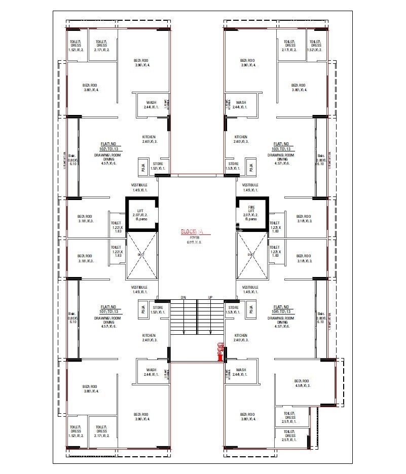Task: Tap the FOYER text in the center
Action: [195, 237]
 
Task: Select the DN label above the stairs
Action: [183, 297]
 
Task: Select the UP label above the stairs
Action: [209, 297]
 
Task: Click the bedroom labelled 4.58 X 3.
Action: [303, 383]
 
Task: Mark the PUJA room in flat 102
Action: [143, 167]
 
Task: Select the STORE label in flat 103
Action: [233, 164]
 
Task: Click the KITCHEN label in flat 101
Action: [149, 336]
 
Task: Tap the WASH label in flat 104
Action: [241, 370]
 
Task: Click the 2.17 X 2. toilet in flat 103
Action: [289, 46]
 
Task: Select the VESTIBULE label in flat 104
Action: [250, 287]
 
